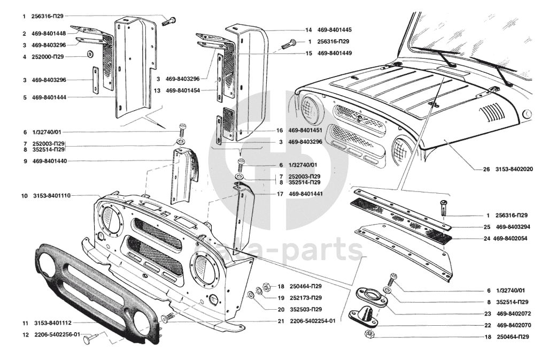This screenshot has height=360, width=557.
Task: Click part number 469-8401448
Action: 49,34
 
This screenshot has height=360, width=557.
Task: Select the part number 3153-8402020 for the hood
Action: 514,170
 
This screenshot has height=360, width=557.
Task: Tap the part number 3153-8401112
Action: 52,323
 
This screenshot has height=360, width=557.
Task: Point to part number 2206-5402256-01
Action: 57,335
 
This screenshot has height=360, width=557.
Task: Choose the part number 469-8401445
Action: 334,30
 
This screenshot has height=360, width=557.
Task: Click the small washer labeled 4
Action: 90,55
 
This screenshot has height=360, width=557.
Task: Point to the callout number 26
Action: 486,170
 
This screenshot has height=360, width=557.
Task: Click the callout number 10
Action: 25,196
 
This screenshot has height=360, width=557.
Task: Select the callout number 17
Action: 280,194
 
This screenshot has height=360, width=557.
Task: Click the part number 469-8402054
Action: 510,239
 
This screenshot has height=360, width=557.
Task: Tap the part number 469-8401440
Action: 49,161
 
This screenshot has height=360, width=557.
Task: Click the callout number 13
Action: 157,90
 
